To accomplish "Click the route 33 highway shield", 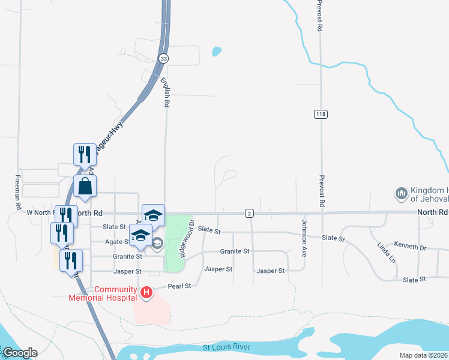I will pyautogui.click(x=163, y=58).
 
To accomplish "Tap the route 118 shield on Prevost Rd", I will pyautogui.click(x=321, y=113).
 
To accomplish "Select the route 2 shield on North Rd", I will pyautogui.click(x=249, y=213).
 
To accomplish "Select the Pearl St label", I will pyautogui.click(x=179, y=286).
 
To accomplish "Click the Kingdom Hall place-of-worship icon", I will pyautogui.click(x=401, y=194).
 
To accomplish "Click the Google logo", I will pyautogui.click(x=19, y=353).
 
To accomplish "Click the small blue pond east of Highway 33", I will pyautogui.click(x=217, y=52).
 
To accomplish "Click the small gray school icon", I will pyautogui.click(x=157, y=243).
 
